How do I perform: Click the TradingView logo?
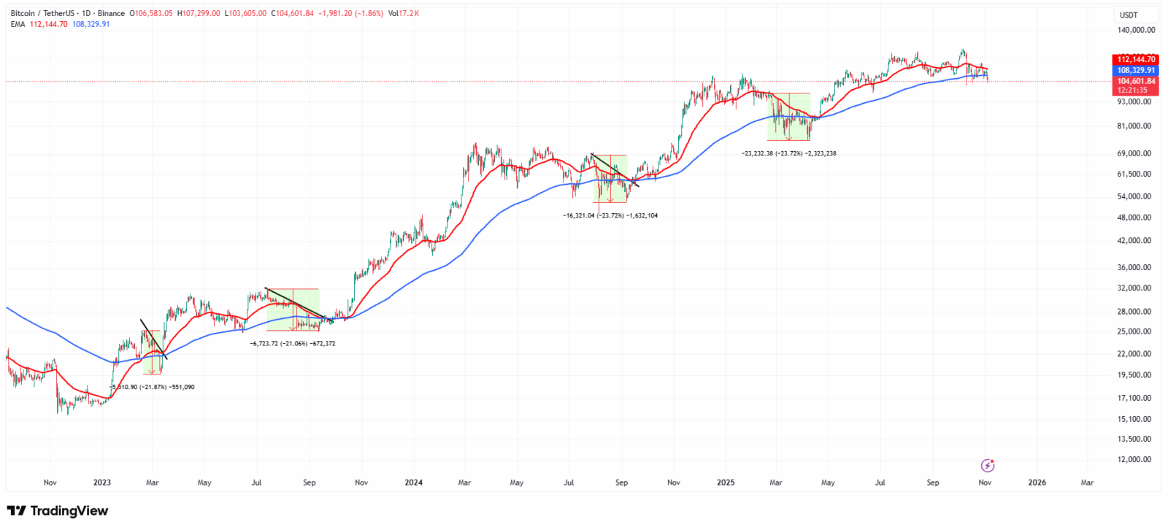point(58,511)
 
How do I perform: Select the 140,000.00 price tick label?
point(1136,30)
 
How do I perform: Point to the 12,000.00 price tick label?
point(1136,459)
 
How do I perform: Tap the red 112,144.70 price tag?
point(1136,59)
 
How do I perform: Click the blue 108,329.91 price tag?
point(1136,70)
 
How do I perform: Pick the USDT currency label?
point(1129,15)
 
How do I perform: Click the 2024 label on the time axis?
point(413,483)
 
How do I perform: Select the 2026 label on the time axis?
point(1037,483)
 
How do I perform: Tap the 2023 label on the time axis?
point(101,483)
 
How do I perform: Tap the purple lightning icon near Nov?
point(987,465)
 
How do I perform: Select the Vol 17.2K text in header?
point(404,13)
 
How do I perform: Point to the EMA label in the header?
point(18,24)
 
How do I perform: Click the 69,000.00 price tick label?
point(1136,153)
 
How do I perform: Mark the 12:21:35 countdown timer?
point(1133,91)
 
